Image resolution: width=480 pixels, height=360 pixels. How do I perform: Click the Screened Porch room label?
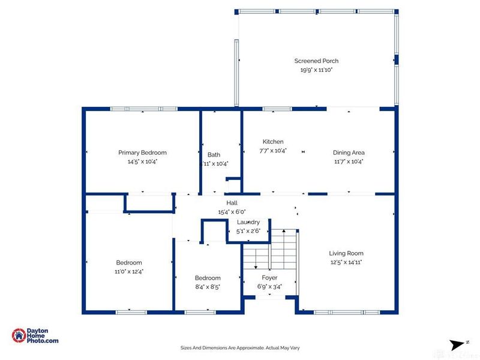(316, 61)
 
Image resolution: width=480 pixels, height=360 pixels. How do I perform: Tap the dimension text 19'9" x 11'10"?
(316, 70)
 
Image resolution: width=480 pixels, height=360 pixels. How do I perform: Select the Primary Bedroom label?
(142, 152)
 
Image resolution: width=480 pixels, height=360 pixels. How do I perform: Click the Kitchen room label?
(273, 142)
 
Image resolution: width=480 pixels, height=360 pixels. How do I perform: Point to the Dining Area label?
(349, 152)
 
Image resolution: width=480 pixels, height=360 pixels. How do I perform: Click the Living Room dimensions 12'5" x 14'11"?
(346, 262)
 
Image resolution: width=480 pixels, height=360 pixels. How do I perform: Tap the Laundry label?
(248, 222)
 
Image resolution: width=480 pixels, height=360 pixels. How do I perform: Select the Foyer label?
(269, 278)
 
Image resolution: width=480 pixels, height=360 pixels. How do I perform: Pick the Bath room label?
(214, 154)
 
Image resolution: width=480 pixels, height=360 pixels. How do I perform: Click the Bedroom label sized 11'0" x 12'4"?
(129, 262)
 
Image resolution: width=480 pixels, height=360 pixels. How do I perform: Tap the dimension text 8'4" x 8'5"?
(208, 287)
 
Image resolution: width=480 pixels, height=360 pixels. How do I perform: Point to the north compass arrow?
(457, 344)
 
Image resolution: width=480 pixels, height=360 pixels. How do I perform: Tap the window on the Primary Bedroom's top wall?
(143, 109)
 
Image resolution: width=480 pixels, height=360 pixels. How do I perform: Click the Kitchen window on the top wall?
(277, 109)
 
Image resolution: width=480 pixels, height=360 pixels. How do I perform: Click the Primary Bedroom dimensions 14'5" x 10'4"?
(142, 161)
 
